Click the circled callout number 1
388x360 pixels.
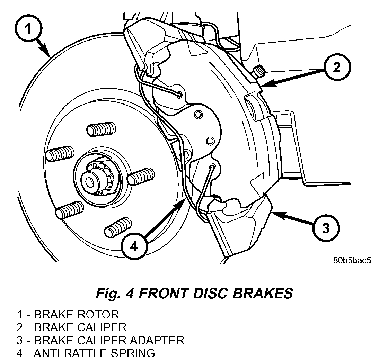[x=29, y=29]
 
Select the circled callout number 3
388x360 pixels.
[x=326, y=228]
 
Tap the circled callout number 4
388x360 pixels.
[x=134, y=246]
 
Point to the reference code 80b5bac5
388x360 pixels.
[x=352, y=260]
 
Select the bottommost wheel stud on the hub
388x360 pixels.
[x=118, y=228]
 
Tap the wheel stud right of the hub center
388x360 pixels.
[x=141, y=176]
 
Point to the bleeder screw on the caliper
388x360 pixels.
[x=258, y=71]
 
